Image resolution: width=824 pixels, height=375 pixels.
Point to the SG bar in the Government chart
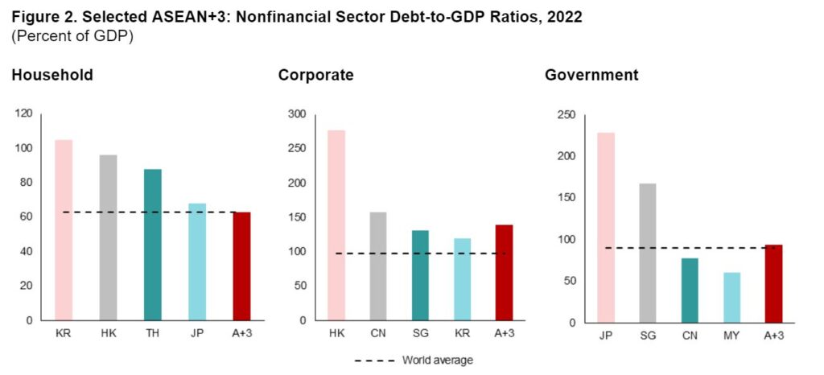[648, 253]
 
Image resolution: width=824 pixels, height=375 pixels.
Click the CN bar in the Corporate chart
[377, 266]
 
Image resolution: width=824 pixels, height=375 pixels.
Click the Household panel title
[52, 76]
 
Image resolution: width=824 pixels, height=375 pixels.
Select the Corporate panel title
[315, 76]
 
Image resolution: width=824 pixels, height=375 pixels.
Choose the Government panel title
[591, 76]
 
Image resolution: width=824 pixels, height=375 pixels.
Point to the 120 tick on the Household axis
[23, 114]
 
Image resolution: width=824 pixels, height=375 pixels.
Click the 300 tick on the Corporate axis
[297, 114]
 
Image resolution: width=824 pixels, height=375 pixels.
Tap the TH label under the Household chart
[153, 332]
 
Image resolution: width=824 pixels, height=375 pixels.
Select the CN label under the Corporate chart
[377, 332]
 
